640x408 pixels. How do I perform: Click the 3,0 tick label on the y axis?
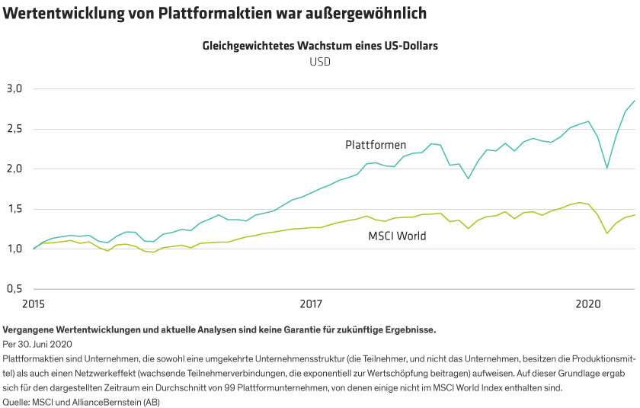[x=15, y=88]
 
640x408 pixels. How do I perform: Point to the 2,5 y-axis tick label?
[x=15, y=129]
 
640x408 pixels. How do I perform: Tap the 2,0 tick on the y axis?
[x=15, y=169]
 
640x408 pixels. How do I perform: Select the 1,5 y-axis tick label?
[x=15, y=209]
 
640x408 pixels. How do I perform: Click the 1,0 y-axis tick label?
[x=15, y=249]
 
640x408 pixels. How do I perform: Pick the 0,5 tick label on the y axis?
[x=15, y=289]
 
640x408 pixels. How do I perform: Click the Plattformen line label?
[x=375, y=144]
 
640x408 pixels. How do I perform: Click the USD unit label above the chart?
[x=320, y=62]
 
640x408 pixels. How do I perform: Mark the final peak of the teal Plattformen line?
[x=635, y=101]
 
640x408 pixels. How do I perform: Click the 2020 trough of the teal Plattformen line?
[x=607, y=168]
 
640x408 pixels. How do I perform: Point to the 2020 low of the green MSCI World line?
[x=607, y=233]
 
